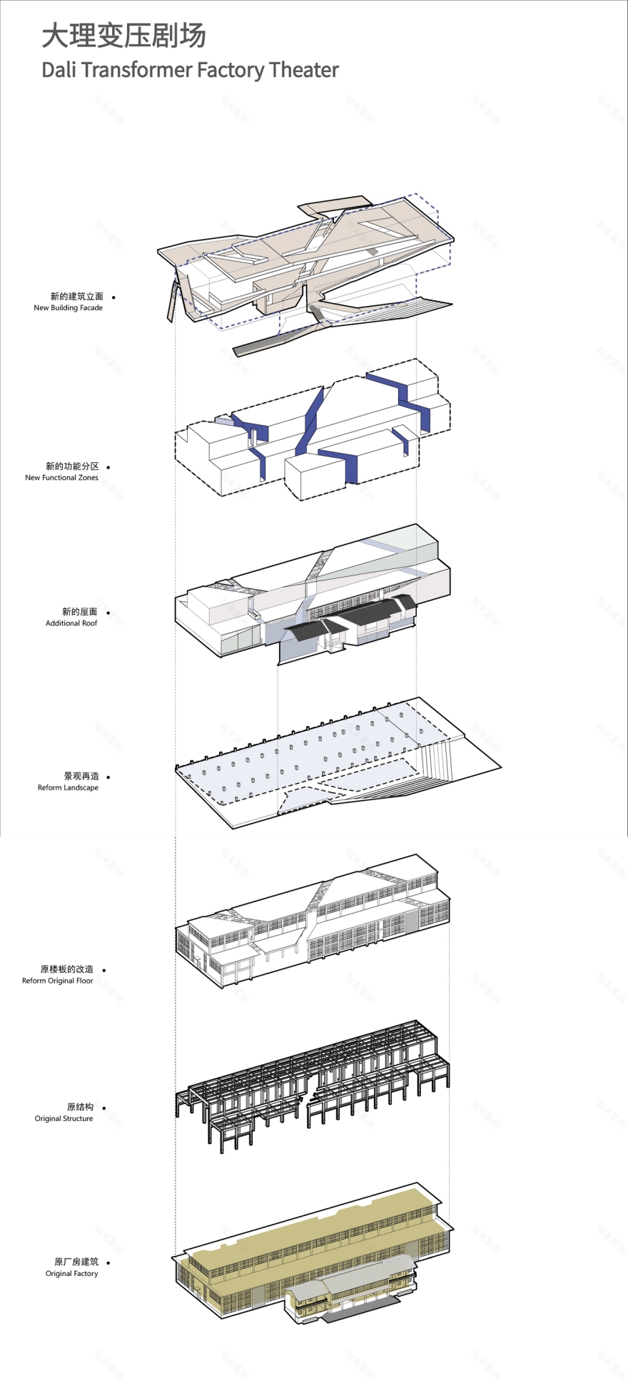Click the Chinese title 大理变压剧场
click(x=123, y=36)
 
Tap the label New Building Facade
click(x=69, y=308)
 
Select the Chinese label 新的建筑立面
click(x=77, y=297)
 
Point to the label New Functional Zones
click(x=61, y=478)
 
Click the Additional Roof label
click(x=71, y=623)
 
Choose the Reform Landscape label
click(x=68, y=788)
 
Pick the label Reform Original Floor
click(x=58, y=981)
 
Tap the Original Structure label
click(x=64, y=1119)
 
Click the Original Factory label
click(x=72, y=1274)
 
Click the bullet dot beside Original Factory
click(x=108, y=1262)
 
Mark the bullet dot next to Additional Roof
click(x=108, y=613)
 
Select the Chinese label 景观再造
click(x=81, y=777)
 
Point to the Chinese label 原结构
click(x=81, y=1108)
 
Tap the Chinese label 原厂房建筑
click(x=76, y=1262)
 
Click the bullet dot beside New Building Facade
click(x=113, y=297)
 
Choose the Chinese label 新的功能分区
click(x=72, y=466)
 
